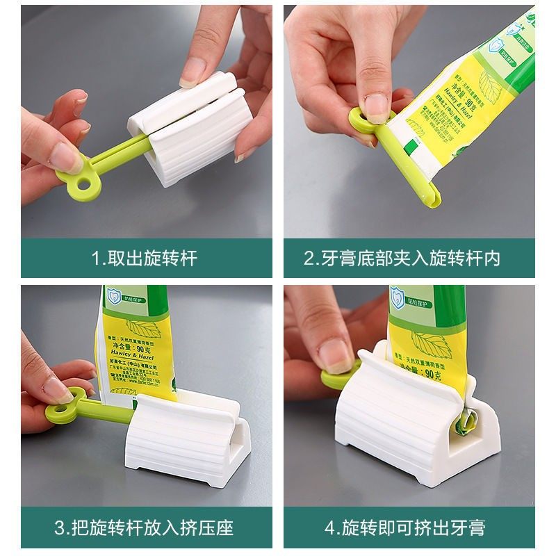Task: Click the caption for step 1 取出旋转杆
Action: point(145,259)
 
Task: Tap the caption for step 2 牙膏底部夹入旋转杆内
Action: point(402,259)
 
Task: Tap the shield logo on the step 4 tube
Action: point(399,297)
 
